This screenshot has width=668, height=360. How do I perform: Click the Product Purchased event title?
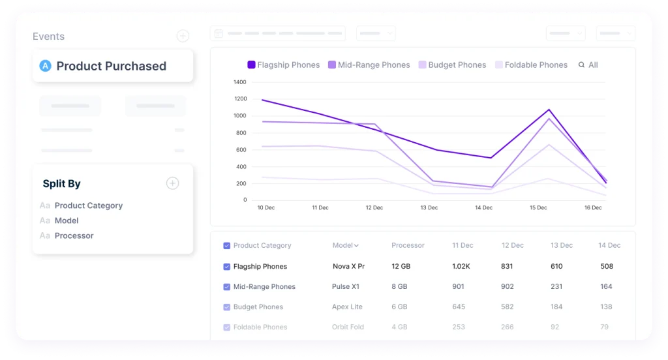pos(111,66)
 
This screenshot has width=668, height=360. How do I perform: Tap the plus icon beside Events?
pos(183,36)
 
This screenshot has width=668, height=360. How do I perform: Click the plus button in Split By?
pos(172,183)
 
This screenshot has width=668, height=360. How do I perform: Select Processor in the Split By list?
pos(74,235)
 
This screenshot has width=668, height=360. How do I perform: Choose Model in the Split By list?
pos(67,220)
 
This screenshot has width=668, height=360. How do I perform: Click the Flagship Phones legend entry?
pos(283,65)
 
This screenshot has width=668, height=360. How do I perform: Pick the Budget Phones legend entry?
pos(453,65)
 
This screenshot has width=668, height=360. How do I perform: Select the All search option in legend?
pos(588,65)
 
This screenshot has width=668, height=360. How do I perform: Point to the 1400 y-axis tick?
pos(240,82)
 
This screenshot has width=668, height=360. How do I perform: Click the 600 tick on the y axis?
pos(241,150)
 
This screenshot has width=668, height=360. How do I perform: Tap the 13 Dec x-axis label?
pos(429,207)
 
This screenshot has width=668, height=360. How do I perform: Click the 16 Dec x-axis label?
pos(593,207)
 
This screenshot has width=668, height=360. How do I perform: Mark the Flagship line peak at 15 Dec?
pos(549,110)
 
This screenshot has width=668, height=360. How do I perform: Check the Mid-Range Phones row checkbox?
pos(226,287)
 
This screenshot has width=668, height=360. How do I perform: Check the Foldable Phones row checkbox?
pos(226,327)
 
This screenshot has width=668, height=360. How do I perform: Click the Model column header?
pos(346,245)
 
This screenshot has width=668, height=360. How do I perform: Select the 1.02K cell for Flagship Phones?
pos(461,266)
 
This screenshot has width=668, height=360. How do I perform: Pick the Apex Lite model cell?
pos(347,307)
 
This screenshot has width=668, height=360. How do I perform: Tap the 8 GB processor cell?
pos(399,287)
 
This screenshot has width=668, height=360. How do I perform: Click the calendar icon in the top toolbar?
pos(219,33)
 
